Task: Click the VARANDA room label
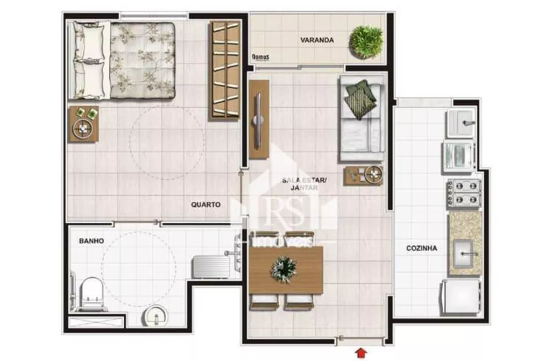coord(317,40)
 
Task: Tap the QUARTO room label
coord(206,204)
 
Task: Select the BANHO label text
coord(91,241)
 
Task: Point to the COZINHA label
coord(421,248)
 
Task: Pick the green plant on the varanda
coord(366,41)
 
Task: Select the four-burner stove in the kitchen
coord(463,192)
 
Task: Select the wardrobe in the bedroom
coord(224,70)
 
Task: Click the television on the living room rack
coord(259,119)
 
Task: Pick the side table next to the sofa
coord(364,176)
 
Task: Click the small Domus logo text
coord(260,57)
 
